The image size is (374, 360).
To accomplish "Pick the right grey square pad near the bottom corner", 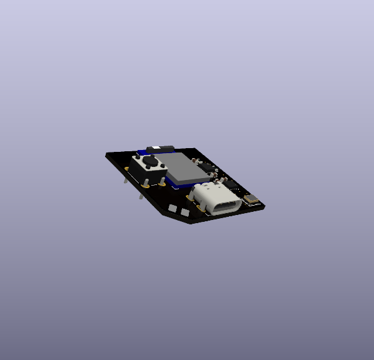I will coord(185,212).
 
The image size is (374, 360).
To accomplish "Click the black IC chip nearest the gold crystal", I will coord(231,183).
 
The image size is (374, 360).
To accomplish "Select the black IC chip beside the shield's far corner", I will coord(206,166).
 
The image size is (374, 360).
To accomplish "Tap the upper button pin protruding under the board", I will coord(126,179).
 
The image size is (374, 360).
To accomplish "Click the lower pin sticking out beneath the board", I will coord(141,195).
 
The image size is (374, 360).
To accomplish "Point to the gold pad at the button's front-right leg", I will coord(162,184).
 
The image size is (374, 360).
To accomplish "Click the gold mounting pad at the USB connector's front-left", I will coord(191,198).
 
